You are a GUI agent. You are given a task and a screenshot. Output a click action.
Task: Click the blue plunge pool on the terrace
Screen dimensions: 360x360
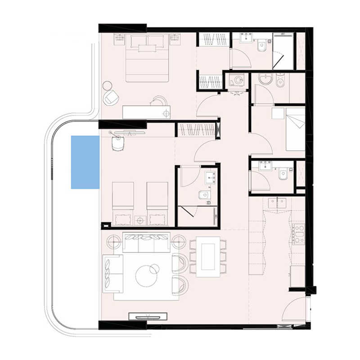pyautogui.click(x=85, y=162)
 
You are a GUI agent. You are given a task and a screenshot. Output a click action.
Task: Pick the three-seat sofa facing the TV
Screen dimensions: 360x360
pyautogui.click(x=146, y=243)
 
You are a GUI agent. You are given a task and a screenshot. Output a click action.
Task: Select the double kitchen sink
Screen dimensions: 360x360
pyautogui.click(x=277, y=203)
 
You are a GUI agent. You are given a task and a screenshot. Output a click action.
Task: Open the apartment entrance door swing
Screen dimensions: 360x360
pyautogui.click(x=295, y=310)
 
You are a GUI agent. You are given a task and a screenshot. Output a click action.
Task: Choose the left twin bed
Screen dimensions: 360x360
pyautogui.click(x=122, y=202)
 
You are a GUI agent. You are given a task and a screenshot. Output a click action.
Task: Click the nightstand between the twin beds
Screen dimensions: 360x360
pyautogui.click(x=140, y=220)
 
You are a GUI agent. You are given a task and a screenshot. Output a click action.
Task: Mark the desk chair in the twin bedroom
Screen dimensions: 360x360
pyautogui.click(x=118, y=143)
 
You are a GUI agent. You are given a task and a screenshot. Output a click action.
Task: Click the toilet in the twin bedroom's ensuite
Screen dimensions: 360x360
pyautogui.click(x=204, y=195)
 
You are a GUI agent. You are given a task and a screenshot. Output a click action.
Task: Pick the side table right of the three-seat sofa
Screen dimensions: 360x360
pyautogui.click(x=179, y=241)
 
